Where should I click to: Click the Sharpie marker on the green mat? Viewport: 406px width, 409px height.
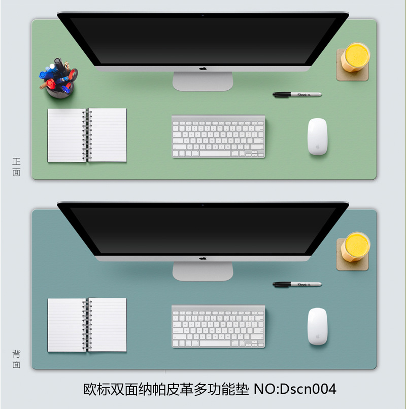297,94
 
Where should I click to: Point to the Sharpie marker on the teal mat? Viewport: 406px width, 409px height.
297,284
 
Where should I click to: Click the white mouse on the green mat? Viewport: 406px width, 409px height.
317,137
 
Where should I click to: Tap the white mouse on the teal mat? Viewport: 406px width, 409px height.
317,326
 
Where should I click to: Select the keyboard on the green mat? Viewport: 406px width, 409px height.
218,137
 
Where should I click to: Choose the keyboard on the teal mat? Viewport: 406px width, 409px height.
218,326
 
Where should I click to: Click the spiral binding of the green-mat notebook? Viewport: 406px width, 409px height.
87,135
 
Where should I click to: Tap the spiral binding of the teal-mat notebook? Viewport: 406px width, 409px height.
87,325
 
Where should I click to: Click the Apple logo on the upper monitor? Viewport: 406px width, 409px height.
202,69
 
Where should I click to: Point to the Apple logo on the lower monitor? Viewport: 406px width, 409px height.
202,258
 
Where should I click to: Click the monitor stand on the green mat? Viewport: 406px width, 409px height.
202,81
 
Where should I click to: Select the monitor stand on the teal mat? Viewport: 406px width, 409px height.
202,271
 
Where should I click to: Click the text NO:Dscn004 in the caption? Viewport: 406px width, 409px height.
295,389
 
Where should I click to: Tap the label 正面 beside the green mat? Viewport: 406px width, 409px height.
16,166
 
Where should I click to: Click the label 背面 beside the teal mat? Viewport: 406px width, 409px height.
16,359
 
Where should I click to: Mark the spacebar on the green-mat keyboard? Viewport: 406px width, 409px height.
215,154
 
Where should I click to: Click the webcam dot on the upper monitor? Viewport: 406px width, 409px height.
202,15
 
